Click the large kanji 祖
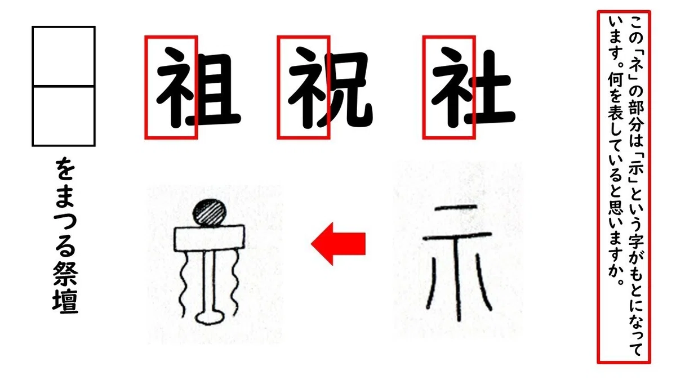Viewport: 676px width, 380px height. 198,87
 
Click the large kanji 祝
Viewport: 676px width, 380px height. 331,87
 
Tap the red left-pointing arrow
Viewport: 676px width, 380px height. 338,244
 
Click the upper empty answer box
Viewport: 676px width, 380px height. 63,56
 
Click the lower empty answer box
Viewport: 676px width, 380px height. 63,116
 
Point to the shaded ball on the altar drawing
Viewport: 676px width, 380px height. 210,212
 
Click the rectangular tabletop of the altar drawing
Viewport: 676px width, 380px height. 210,238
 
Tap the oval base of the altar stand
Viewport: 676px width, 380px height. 210,318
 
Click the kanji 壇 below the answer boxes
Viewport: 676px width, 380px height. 65,302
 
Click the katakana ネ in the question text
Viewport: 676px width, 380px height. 636,65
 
